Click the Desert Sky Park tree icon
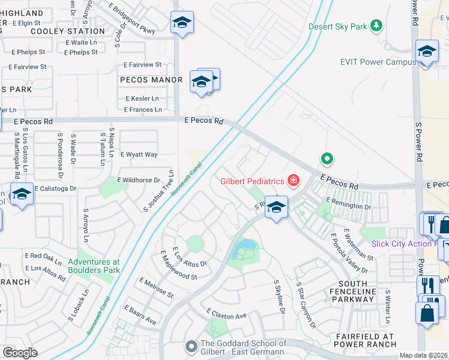point(376,25)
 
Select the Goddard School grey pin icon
point(191,346)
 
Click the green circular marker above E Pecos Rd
point(327,159)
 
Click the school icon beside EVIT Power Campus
point(427,52)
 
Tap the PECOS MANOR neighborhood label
point(151,80)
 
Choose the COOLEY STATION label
point(67,31)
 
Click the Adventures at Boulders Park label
point(94,266)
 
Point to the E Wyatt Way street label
point(139,154)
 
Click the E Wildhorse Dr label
point(139,180)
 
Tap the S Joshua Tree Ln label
point(158,191)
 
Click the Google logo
point(20,353)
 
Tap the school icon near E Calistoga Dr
point(22,194)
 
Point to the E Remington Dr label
point(348,204)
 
